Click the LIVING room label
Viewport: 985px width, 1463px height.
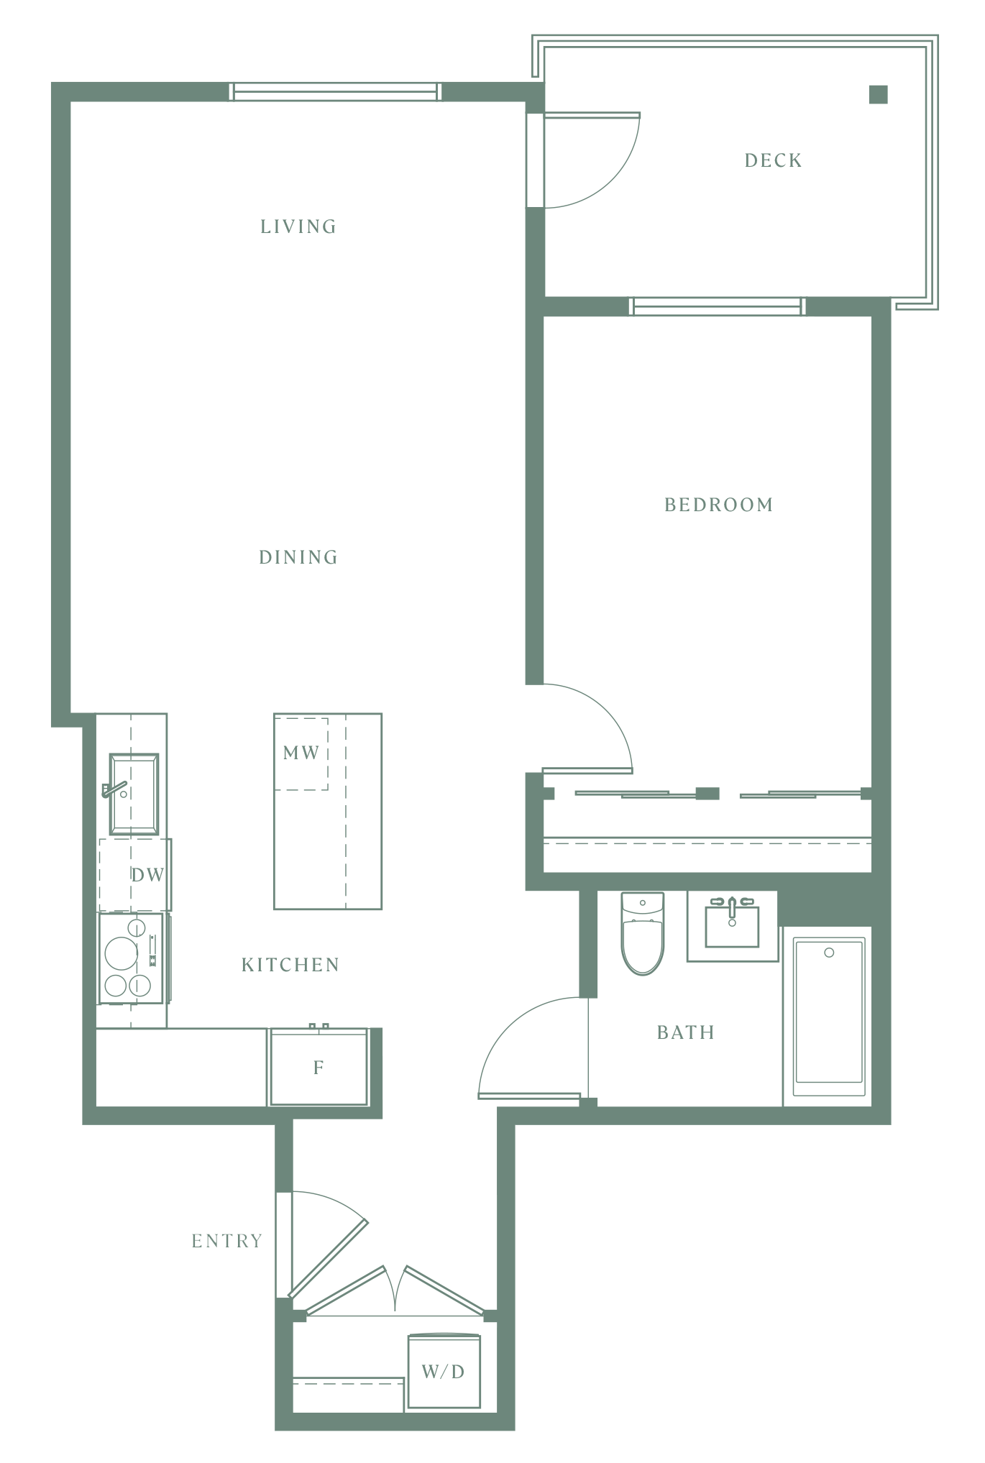coord(298,226)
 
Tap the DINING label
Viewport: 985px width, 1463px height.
coord(298,557)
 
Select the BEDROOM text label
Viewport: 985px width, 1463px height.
coord(719,505)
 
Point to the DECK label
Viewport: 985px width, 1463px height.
coord(774,160)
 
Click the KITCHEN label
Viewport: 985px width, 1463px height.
coord(290,965)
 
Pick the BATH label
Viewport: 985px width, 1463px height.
coord(686,1032)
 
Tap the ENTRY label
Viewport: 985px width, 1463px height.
coord(227,1241)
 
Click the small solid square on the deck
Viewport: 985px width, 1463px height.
coord(878,94)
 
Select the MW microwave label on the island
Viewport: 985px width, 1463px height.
coord(301,753)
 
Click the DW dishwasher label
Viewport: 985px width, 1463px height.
coord(147,875)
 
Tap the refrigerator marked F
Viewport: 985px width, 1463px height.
coord(319,1068)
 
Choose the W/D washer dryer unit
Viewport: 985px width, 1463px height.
coord(444,1372)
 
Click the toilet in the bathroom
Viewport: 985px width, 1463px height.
coord(643,933)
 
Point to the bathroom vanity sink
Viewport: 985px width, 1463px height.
coord(732,926)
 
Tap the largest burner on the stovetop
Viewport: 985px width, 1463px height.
coord(121,954)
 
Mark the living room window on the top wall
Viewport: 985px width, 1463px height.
coord(334,92)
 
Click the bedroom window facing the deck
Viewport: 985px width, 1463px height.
coord(718,307)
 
